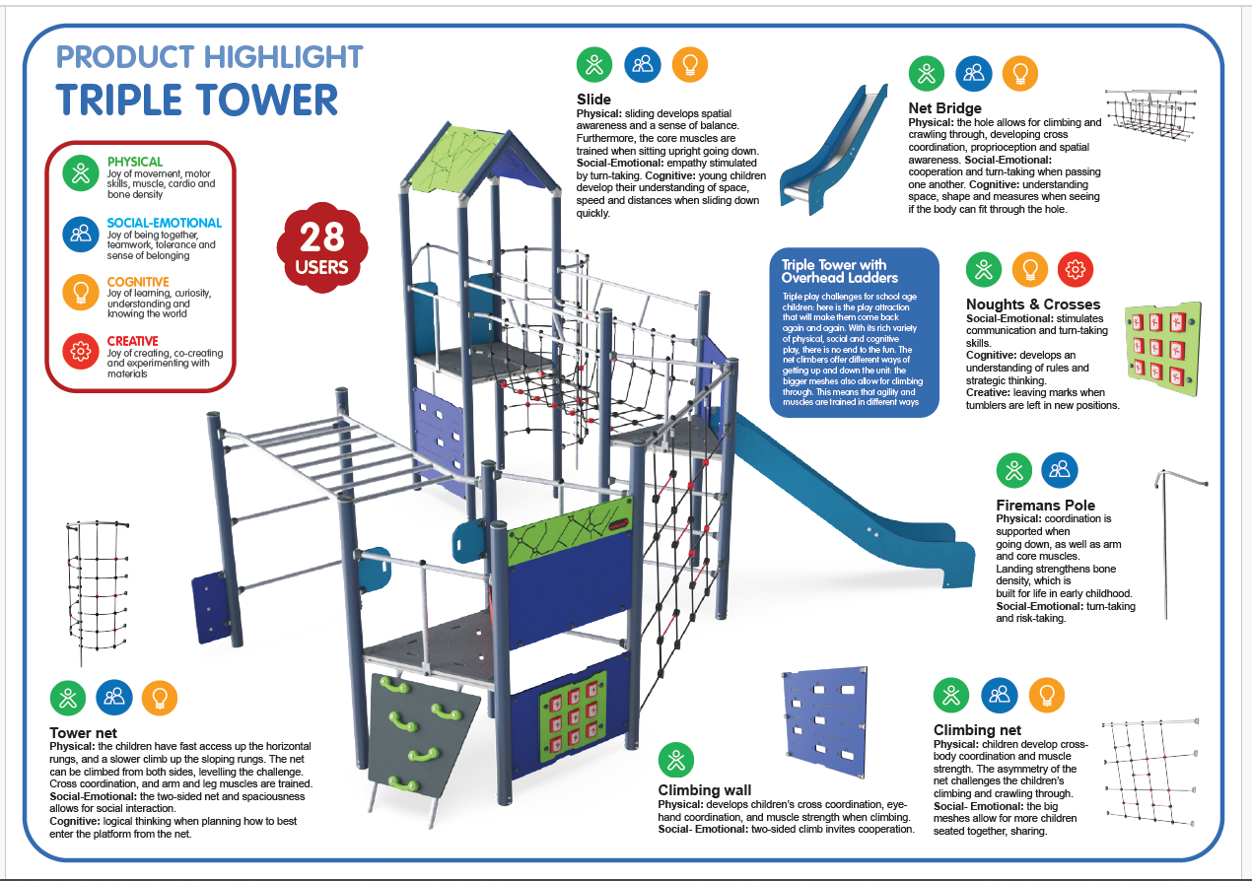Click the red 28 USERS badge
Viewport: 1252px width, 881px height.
click(x=322, y=247)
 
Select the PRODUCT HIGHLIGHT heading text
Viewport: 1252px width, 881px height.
click(x=210, y=57)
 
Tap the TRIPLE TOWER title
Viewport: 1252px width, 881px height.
click(x=197, y=100)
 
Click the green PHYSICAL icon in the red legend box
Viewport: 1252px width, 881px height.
click(x=81, y=173)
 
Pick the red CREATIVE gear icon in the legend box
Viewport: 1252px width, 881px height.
click(x=81, y=352)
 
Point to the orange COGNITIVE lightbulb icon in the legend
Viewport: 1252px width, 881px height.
click(x=81, y=292)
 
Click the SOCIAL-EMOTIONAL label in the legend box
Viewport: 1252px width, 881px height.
click(x=165, y=223)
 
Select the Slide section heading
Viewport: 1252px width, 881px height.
click(x=593, y=100)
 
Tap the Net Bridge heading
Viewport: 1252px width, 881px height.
click(x=944, y=107)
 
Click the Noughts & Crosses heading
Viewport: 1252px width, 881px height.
click(x=1033, y=305)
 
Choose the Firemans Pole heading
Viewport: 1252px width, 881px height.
click(x=1045, y=505)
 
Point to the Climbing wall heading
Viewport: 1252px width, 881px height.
click(x=704, y=790)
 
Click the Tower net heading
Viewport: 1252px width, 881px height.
click(x=83, y=732)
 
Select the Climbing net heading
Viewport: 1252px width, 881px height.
click(x=977, y=730)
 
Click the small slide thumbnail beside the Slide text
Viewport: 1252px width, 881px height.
click(x=834, y=149)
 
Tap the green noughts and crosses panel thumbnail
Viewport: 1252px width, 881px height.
click(x=1163, y=349)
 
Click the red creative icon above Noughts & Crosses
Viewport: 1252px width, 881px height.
click(x=1076, y=270)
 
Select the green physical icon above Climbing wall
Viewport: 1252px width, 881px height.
click(x=675, y=761)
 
